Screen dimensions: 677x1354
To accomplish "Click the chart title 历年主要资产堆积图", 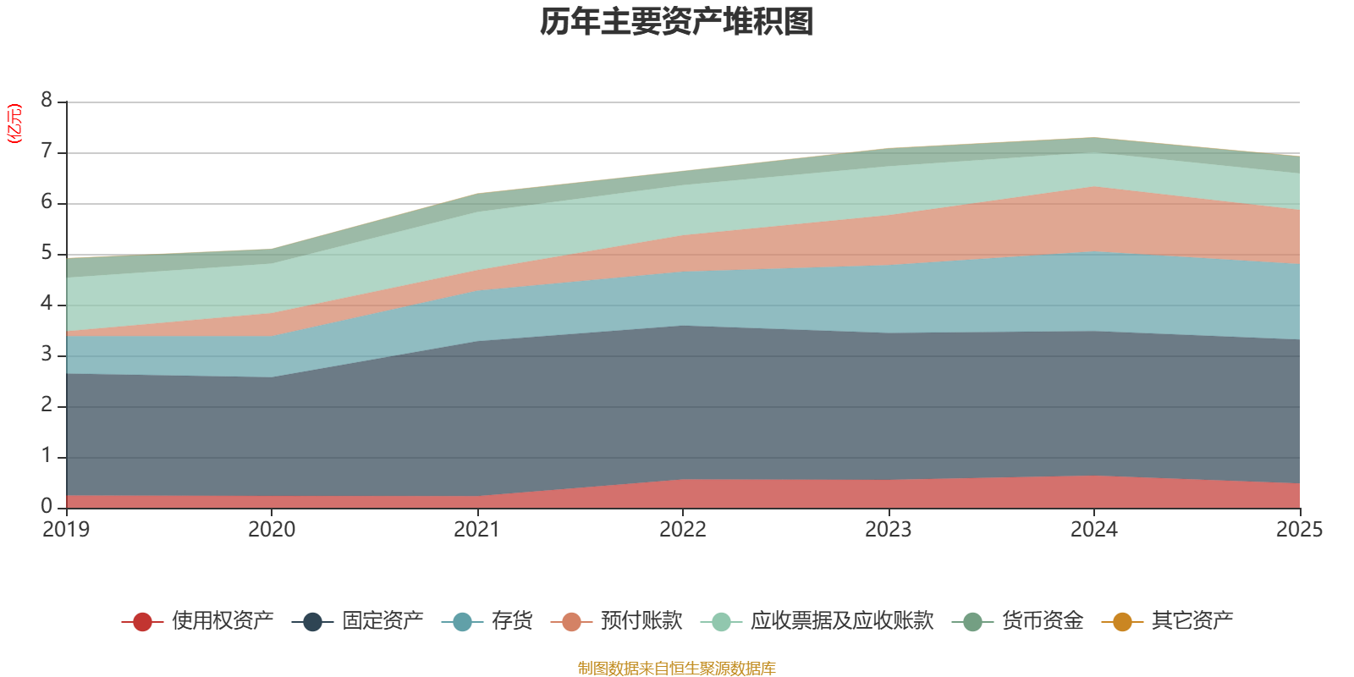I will [677, 23].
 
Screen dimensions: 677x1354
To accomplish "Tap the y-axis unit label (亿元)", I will [14, 124].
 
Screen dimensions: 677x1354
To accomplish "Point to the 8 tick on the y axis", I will [47, 101].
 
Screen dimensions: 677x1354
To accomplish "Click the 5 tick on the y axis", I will [47, 253].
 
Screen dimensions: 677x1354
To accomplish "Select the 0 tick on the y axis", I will [47, 506].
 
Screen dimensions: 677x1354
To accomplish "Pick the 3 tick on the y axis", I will [47, 355].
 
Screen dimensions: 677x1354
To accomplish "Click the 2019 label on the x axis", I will [66, 530].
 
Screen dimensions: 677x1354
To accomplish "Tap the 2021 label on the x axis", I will [477, 530].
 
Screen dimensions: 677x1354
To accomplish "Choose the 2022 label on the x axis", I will [683, 530].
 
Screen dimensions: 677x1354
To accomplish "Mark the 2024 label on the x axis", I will [1093, 530].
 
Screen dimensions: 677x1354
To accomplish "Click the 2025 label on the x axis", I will [1298, 530].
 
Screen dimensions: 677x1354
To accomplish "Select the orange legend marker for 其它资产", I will [1122, 622].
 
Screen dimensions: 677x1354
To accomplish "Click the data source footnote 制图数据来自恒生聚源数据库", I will [677, 669].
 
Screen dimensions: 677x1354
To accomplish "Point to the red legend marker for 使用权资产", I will [142, 622].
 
